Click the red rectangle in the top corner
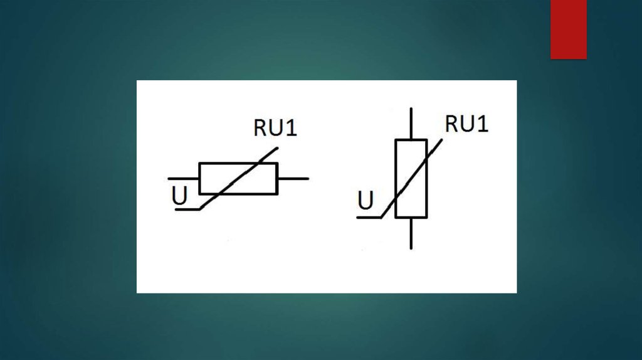pos(568,29)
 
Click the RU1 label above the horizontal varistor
pos(275,127)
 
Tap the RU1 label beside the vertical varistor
pos(466,124)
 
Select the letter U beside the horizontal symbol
pos(179,196)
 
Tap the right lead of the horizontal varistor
pos(293,179)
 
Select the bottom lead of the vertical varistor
pos(411,233)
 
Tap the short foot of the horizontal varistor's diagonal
pos(187,209)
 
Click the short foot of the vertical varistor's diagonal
pos(369,218)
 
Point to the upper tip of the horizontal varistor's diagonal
pos(276,149)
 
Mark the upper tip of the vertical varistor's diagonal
pos(441,140)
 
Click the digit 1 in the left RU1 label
pos(292,127)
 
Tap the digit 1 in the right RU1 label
pos(482,124)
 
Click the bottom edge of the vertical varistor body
pos(411,218)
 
